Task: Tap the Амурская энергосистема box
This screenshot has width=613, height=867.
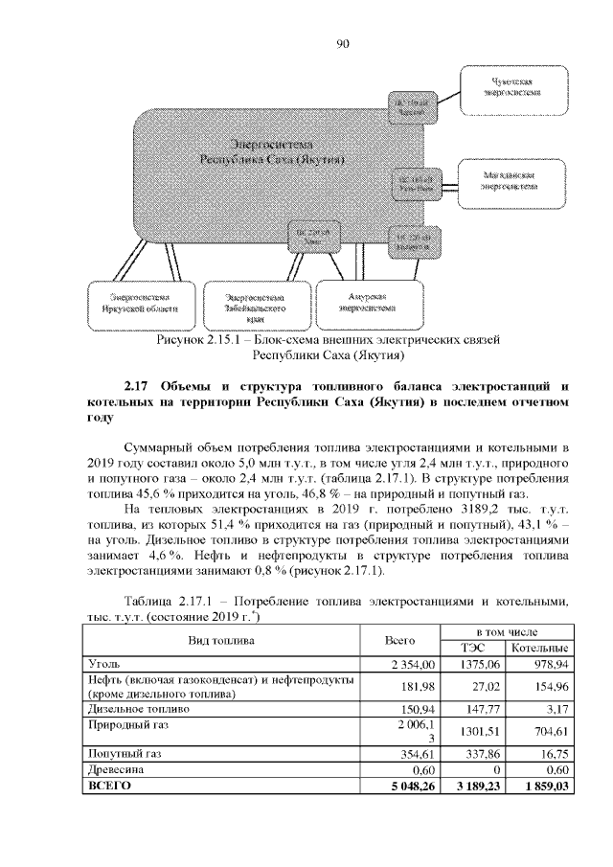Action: (x=366, y=304)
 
